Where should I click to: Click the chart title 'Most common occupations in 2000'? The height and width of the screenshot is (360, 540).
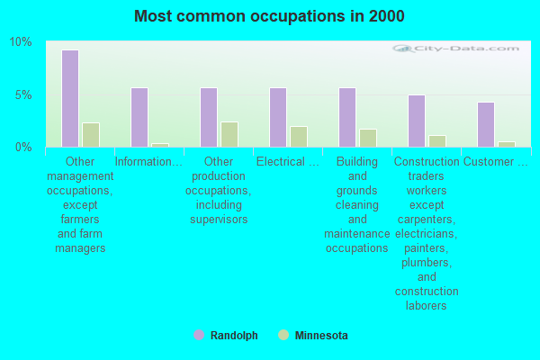pyautogui.click(x=269, y=16)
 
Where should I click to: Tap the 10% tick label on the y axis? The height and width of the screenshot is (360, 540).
pyautogui.click(x=21, y=42)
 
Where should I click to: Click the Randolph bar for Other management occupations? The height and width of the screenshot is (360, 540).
pyautogui.click(x=70, y=98)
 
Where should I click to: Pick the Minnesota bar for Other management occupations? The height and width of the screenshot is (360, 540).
pyautogui.click(x=91, y=135)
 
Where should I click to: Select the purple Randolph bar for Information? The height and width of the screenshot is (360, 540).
pyautogui.click(x=139, y=117)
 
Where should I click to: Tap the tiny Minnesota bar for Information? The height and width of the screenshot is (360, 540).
pyautogui.click(x=160, y=145)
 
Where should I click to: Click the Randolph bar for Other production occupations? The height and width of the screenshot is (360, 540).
pyautogui.click(x=209, y=117)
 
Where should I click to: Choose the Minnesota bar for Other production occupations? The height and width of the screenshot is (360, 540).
pyautogui.click(x=229, y=134)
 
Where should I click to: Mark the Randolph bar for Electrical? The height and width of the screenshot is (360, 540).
pyautogui.click(x=278, y=117)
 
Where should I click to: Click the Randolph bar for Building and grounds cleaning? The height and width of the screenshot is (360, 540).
pyautogui.click(x=347, y=117)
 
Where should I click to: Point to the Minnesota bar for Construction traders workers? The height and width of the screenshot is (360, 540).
pyautogui.click(x=437, y=141)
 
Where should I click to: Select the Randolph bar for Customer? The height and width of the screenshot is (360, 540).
pyautogui.click(x=486, y=124)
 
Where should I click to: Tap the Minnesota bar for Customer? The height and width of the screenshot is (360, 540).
pyautogui.click(x=507, y=144)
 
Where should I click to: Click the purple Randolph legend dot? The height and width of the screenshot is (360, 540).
pyautogui.click(x=199, y=336)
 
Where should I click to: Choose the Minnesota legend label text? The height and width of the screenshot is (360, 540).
pyautogui.click(x=321, y=336)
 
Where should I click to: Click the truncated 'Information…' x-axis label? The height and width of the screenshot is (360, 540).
pyautogui.click(x=149, y=162)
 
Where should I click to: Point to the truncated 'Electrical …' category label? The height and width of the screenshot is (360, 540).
pyautogui.click(x=288, y=162)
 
